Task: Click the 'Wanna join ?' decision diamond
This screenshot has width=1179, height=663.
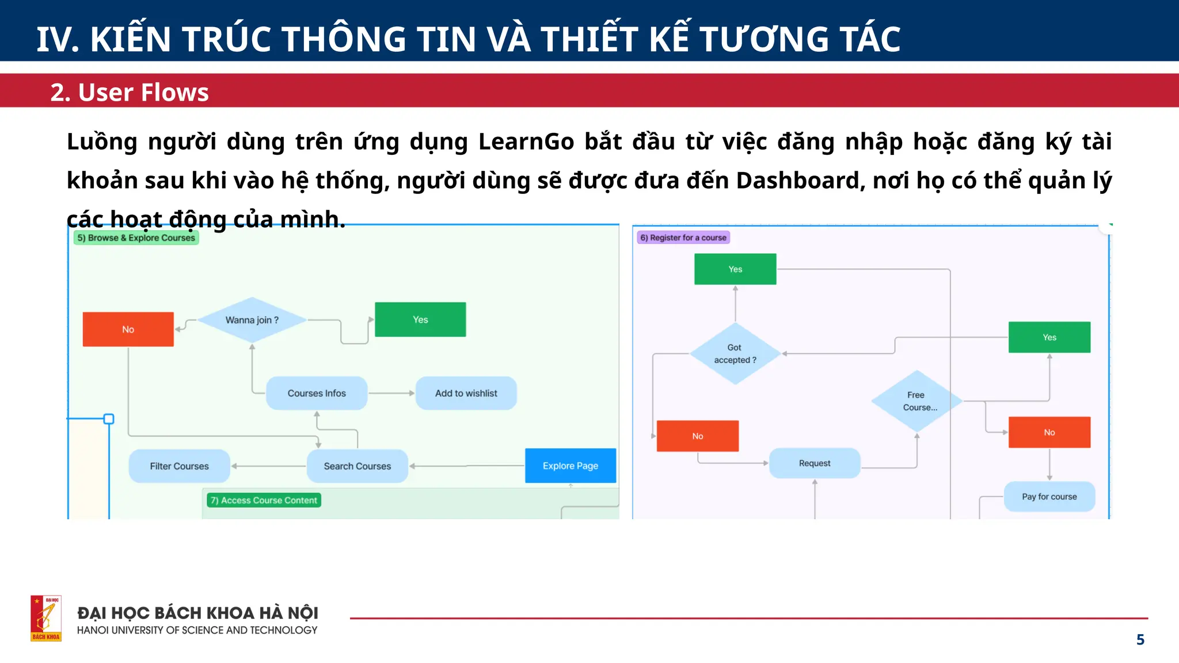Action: [x=252, y=320]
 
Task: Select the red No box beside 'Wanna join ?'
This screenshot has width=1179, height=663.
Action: [x=128, y=329]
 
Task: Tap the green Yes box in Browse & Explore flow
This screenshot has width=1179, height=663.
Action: [x=420, y=319]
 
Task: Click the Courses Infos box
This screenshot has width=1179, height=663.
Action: [x=317, y=393]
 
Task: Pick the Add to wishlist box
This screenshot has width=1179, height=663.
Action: [x=466, y=393]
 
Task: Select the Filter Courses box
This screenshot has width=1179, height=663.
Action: [x=179, y=466]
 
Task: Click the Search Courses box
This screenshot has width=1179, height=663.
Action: [x=357, y=466]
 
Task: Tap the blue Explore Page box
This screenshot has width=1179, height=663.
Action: [x=570, y=466]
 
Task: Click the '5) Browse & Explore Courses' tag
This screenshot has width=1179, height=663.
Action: [x=136, y=238]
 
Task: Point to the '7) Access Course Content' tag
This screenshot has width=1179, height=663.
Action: [x=264, y=500]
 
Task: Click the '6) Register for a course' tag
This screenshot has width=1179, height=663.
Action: [x=683, y=238]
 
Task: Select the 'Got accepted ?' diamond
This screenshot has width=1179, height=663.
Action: [x=735, y=353]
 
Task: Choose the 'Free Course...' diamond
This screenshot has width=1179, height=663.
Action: [x=916, y=401]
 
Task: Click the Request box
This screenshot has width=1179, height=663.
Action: [x=815, y=463]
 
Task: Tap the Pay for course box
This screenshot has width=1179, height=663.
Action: [x=1049, y=497]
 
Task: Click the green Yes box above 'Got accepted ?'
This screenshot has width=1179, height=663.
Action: [x=735, y=269]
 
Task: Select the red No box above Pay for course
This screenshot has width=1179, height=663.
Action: [x=1049, y=432]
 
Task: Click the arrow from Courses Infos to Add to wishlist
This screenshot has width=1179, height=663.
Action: [x=391, y=393]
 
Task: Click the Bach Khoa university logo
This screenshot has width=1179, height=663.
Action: [x=46, y=618]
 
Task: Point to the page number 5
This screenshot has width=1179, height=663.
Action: [x=1140, y=639]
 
